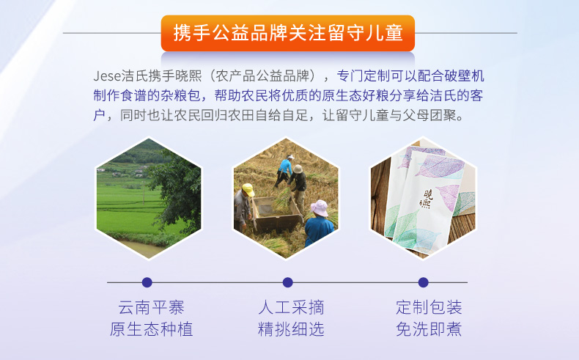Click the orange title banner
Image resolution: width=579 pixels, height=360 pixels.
(287, 33)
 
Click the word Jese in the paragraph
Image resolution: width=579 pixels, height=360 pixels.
(107, 76)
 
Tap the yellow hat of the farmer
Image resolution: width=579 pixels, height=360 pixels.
(248, 189)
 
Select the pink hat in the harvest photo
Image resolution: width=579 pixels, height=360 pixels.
(320, 208)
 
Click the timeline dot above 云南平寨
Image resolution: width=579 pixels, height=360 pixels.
(147, 282)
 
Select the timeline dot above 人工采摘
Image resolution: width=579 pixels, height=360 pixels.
(287, 282)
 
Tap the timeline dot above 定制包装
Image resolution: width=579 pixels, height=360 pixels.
(424, 282)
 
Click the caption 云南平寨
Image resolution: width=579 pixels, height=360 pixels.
(151, 307)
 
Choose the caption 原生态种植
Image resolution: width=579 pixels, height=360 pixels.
(151, 329)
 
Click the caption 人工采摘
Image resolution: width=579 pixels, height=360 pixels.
(291, 307)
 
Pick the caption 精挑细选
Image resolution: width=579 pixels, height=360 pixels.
(291, 329)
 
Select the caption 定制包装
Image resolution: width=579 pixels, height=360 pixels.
(429, 307)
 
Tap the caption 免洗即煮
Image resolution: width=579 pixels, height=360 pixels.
(429, 329)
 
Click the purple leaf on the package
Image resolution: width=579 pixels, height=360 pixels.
(441, 167)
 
